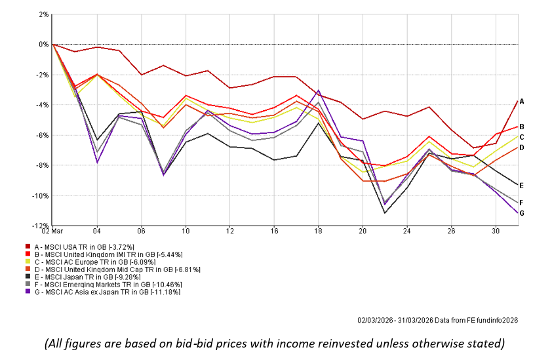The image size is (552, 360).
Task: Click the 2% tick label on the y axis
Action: click(43, 14)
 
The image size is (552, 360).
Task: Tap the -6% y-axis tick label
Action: click(42, 135)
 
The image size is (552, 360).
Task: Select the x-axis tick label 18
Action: click(319, 231)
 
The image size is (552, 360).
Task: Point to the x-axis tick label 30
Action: click(496, 231)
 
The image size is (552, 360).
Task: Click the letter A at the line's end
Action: click(522, 101)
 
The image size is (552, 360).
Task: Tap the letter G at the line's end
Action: click(522, 212)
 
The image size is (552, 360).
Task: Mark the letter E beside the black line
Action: click(522, 185)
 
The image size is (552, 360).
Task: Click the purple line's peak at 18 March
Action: click(319, 90)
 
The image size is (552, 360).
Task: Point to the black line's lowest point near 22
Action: click(385, 212)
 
